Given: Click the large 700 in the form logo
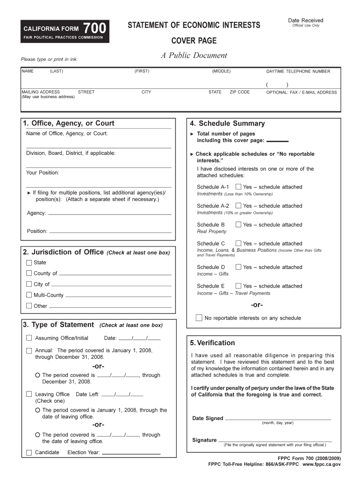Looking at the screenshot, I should (x=95, y=29).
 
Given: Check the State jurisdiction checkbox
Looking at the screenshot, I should (x=29, y=262).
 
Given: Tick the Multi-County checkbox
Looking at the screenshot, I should (x=29, y=295).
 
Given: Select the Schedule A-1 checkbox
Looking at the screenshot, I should (x=238, y=187).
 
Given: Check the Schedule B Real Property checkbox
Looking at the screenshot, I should (x=238, y=225).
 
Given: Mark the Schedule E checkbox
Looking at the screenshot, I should (x=238, y=286).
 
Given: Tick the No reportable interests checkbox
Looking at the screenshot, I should (x=199, y=318).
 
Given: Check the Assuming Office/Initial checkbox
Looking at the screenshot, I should (x=29, y=338).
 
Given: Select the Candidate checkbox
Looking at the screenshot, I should (x=29, y=452).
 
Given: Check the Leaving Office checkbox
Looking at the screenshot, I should (x=29, y=394).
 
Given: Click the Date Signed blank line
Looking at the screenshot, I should (x=278, y=418).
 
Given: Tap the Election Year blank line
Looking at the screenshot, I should (x=131, y=453).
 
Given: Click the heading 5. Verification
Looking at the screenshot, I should (x=213, y=343).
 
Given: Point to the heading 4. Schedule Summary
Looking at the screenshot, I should (x=227, y=123).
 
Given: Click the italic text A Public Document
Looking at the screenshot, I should (x=194, y=56).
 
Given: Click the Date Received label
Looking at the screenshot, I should (x=305, y=20).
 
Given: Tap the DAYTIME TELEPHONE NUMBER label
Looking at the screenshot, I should (x=298, y=72).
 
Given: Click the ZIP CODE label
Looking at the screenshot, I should (x=239, y=92).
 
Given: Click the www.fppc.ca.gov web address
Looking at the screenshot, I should (x=322, y=464).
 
